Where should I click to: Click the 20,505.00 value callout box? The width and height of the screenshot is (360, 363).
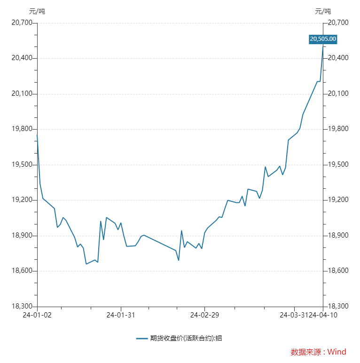323,39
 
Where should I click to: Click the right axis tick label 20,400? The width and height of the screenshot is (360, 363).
337,58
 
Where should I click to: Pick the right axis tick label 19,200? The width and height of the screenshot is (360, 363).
337,200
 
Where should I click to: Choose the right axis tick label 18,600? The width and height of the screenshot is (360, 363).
337,271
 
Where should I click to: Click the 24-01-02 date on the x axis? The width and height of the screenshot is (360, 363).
37,315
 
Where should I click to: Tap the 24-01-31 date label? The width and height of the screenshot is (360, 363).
121,315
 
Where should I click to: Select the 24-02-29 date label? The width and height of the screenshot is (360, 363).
204,315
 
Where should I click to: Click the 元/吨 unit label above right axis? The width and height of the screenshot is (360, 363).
323,11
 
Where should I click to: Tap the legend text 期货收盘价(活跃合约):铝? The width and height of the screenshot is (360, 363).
186,338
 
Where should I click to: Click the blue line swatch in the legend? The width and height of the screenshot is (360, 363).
142,338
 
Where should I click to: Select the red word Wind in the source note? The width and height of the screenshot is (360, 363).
337,352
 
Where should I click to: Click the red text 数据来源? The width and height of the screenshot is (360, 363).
305,352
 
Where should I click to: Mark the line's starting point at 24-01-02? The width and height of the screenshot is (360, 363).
37,135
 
